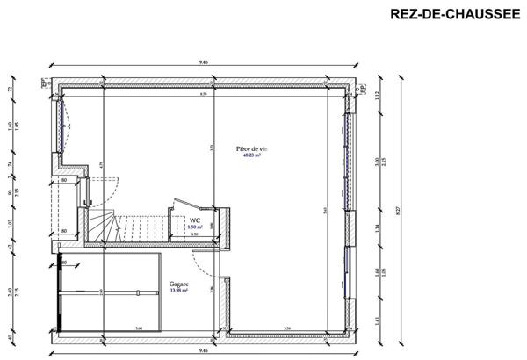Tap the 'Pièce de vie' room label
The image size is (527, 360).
[252, 148]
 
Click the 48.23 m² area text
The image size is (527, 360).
[252, 155]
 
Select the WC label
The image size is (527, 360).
[195, 221]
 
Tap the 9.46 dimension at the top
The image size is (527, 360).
[204, 62]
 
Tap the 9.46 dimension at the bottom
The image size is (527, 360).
[204, 349]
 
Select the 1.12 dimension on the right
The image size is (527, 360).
[375, 96]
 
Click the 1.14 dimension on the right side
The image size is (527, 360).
[375, 229]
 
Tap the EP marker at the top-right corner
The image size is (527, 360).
[362, 85]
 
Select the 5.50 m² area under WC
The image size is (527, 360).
[195, 227]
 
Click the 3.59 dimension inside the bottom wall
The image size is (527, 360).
[287, 329]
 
